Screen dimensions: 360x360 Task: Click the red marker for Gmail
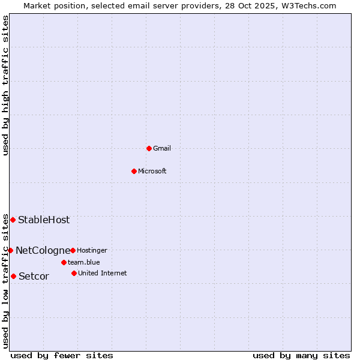click(x=149, y=148)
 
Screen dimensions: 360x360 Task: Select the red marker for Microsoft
click(x=134, y=171)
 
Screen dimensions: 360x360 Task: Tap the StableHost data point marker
click(x=13, y=220)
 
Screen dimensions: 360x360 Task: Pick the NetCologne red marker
click(x=10, y=250)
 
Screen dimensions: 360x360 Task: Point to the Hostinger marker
click(x=73, y=250)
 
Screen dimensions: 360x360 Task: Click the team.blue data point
click(x=64, y=262)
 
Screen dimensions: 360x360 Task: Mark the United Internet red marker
click(x=74, y=273)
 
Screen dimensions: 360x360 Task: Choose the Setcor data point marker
click(x=13, y=276)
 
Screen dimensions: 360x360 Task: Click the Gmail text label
click(x=162, y=148)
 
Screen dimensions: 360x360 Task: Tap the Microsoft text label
click(x=152, y=171)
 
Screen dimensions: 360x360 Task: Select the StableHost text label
click(x=44, y=220)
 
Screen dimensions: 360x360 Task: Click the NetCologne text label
click(x=43, y=250)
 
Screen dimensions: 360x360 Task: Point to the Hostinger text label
click(x=92, y=250)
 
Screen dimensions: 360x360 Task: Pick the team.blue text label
click(x=84, y=262)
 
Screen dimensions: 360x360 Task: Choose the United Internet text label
click(x=103, y=273)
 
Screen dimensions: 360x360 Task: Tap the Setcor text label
click(x=34, y=276)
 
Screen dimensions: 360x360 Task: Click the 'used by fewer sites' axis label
click(x=62, y=355)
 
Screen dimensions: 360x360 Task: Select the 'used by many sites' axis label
click(x=301, y=355)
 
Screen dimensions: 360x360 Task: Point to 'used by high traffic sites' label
click(x=6, y=85)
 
